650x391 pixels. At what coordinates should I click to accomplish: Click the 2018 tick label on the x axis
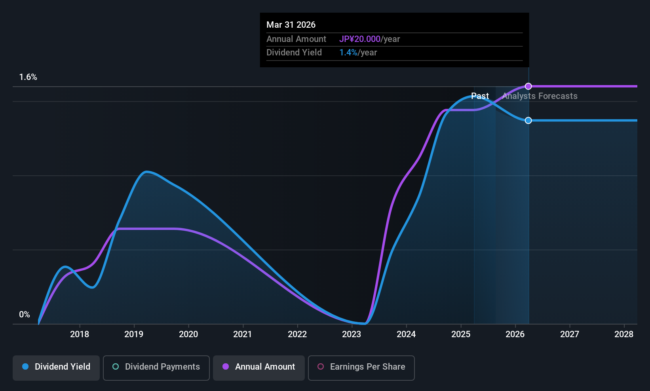coord(80,334)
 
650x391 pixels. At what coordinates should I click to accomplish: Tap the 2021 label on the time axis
coord(243,334)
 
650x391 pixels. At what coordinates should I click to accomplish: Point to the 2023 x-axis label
coord(352,334)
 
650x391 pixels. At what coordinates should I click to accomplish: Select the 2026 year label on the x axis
coord(515,334)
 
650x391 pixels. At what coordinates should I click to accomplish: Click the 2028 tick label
coord(624,334)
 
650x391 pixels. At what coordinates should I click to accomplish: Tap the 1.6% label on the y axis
coord(28,77)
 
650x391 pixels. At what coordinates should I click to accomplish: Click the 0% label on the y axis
coord(25,315)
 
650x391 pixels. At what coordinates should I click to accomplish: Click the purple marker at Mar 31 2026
coord(528,86)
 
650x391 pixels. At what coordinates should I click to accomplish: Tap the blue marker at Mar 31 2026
coord(528,120)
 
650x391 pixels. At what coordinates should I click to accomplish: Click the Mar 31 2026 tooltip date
coord(291,25)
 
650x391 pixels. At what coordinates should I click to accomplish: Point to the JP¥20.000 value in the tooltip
coord(359,39)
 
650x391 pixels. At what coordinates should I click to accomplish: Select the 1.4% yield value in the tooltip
coord(348,53)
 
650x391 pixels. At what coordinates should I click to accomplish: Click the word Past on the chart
coord(480,96)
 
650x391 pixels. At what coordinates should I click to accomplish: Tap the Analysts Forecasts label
coord(540,96)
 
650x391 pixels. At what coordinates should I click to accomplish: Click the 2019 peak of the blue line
coord(146,172)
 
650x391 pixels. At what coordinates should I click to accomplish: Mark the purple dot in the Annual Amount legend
coord(226,367)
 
